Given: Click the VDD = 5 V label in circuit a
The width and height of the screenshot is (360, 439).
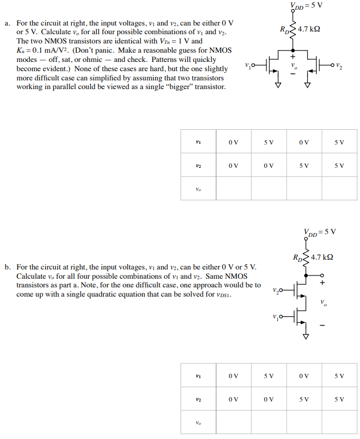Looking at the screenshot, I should [x=307, y=6].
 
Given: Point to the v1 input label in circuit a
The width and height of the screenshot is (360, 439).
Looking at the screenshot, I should [x=249, y=66].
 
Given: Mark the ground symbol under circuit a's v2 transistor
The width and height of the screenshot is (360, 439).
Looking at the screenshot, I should [x=307, y=85].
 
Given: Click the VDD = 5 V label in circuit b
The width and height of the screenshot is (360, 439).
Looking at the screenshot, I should [x=320, y=232].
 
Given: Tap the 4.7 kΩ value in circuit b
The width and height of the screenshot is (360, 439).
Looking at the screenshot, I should [x=322, y=256].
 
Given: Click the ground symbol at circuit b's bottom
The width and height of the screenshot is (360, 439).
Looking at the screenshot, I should [x=306, y=337].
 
